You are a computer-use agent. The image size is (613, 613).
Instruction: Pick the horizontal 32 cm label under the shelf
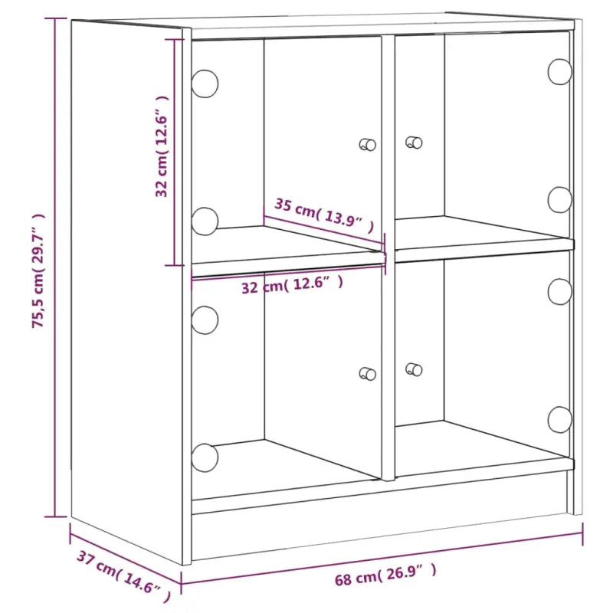(x=292, y=286)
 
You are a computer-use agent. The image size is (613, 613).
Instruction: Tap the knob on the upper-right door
(x=415, y=141)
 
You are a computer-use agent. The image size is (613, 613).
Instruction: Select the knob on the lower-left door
(x=368, y=373)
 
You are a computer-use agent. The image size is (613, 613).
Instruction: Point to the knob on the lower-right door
(x=415, y=369)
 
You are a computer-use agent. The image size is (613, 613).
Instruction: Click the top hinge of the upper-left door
(x=205, y=83)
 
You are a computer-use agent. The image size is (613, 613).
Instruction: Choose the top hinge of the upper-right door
(x=560, y=71)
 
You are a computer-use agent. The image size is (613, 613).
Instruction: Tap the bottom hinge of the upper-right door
(x=560, y=199)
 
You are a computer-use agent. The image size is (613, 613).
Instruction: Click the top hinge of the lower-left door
(x=205, y=319)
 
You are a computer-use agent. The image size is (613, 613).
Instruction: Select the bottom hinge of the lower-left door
(x=205, y=457)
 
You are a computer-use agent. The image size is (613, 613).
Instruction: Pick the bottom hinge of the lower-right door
(x=560, y=418)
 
